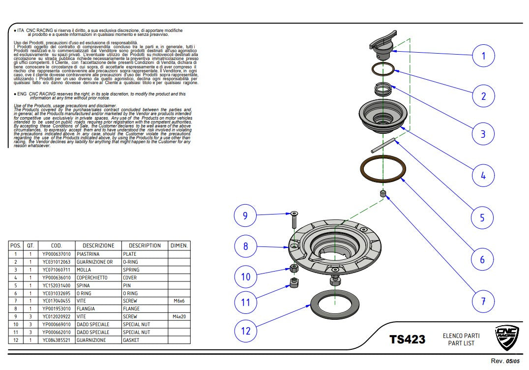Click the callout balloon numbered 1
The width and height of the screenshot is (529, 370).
483,56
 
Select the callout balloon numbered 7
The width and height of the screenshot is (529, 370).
483,301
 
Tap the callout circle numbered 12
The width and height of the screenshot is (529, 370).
245,331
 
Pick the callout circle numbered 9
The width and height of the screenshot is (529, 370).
245,215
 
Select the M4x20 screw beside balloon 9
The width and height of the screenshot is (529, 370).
294,220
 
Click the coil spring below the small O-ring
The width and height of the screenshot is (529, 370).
383,90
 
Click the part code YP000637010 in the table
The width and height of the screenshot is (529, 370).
56,254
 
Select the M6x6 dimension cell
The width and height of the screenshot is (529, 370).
179,301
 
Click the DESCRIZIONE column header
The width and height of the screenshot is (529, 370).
98,246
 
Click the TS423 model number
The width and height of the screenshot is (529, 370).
407,339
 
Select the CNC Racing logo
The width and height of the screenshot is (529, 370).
506,338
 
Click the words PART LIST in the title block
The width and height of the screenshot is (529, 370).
461,343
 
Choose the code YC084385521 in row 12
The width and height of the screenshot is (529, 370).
56,340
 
